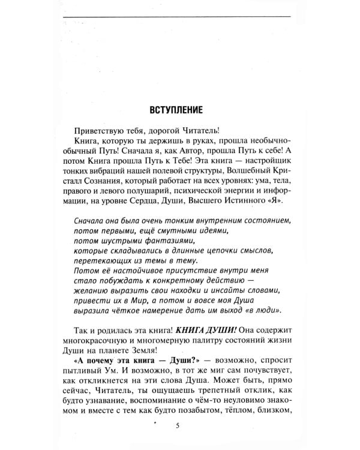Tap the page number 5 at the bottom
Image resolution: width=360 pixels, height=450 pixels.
(178, 425)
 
